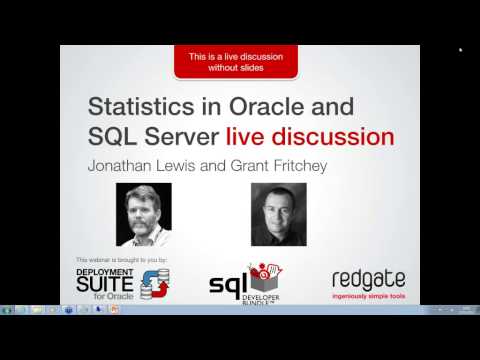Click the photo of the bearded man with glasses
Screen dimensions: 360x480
[x=144, y=214]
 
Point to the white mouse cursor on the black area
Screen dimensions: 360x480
[x=460, y=49]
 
